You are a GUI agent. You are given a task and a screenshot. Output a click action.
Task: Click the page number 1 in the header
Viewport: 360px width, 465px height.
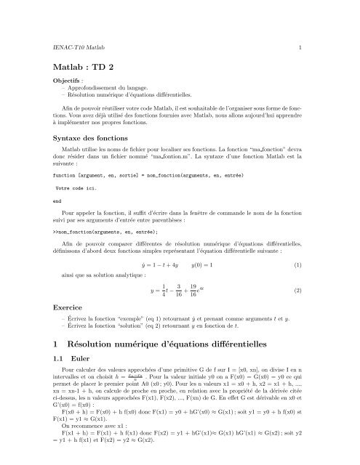pos(300,46)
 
